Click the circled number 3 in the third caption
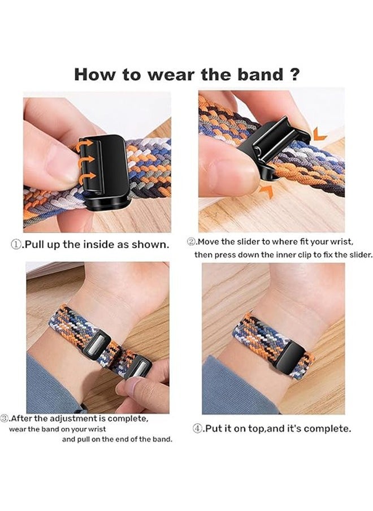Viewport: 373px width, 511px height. [x=6, y=419]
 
